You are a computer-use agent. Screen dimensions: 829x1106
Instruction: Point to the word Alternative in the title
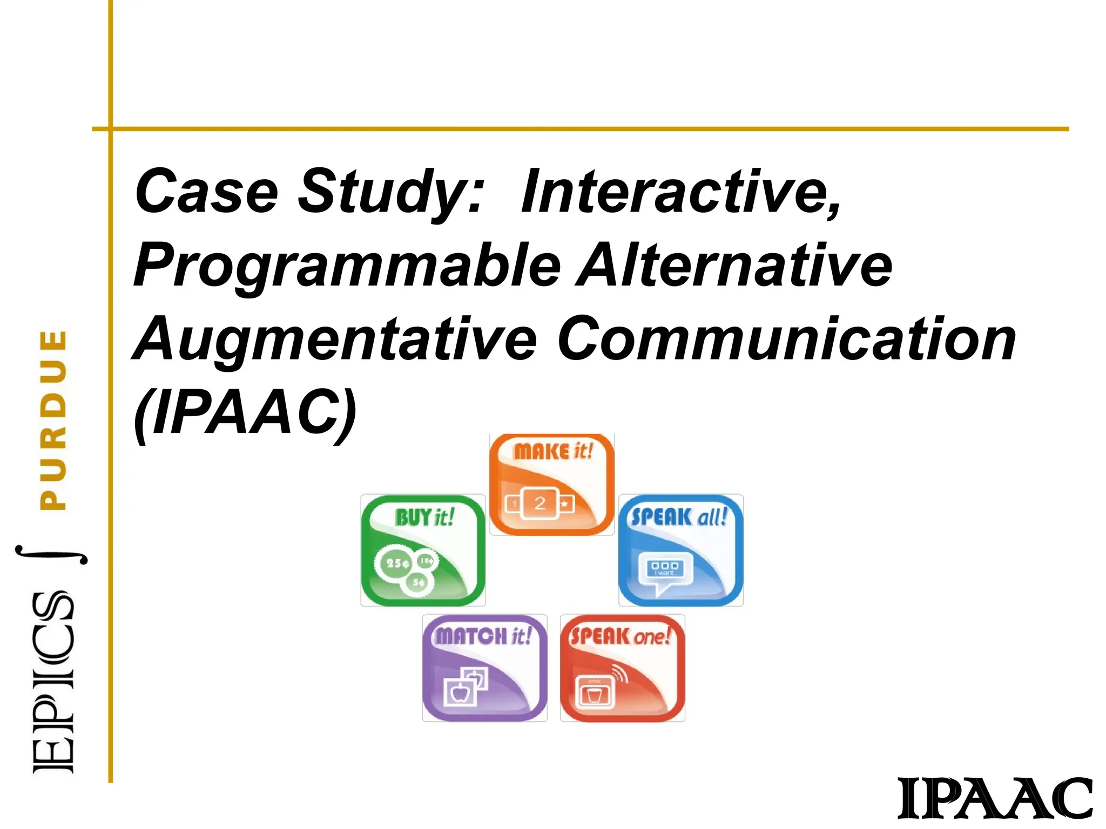[x=735, y=265]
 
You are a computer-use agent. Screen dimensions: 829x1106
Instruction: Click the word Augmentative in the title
[x=334, y=340]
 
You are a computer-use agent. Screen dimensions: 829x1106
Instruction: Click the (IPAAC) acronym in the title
[x=246, y=413]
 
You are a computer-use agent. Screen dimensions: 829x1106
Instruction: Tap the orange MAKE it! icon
[x=551, y=484]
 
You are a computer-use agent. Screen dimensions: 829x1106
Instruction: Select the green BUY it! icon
[x=423, y=550]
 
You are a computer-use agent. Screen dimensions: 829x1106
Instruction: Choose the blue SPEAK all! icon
[x=680, y=550]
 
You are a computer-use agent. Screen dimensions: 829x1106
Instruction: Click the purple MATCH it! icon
[x=484, y=668]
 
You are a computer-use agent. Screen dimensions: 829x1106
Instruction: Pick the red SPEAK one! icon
[x=622, y=668]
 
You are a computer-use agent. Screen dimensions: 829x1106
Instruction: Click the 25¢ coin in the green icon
[x=396, y=563]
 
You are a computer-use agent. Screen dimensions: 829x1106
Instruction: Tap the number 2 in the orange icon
[x=539, y=503]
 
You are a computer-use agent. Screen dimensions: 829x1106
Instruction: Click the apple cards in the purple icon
[x=464, y=686]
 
